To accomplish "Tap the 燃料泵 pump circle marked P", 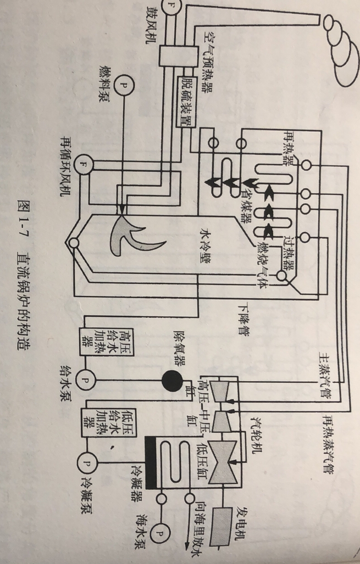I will [123, 86].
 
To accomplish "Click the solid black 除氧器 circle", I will [171, 379].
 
